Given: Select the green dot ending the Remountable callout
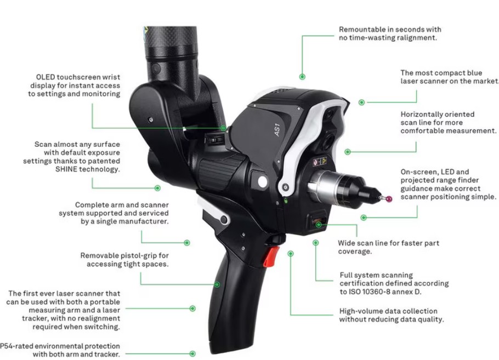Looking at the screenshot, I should point(302,77).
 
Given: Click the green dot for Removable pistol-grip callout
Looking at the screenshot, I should point(217,284).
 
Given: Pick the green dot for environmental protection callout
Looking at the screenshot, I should point(192,354).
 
